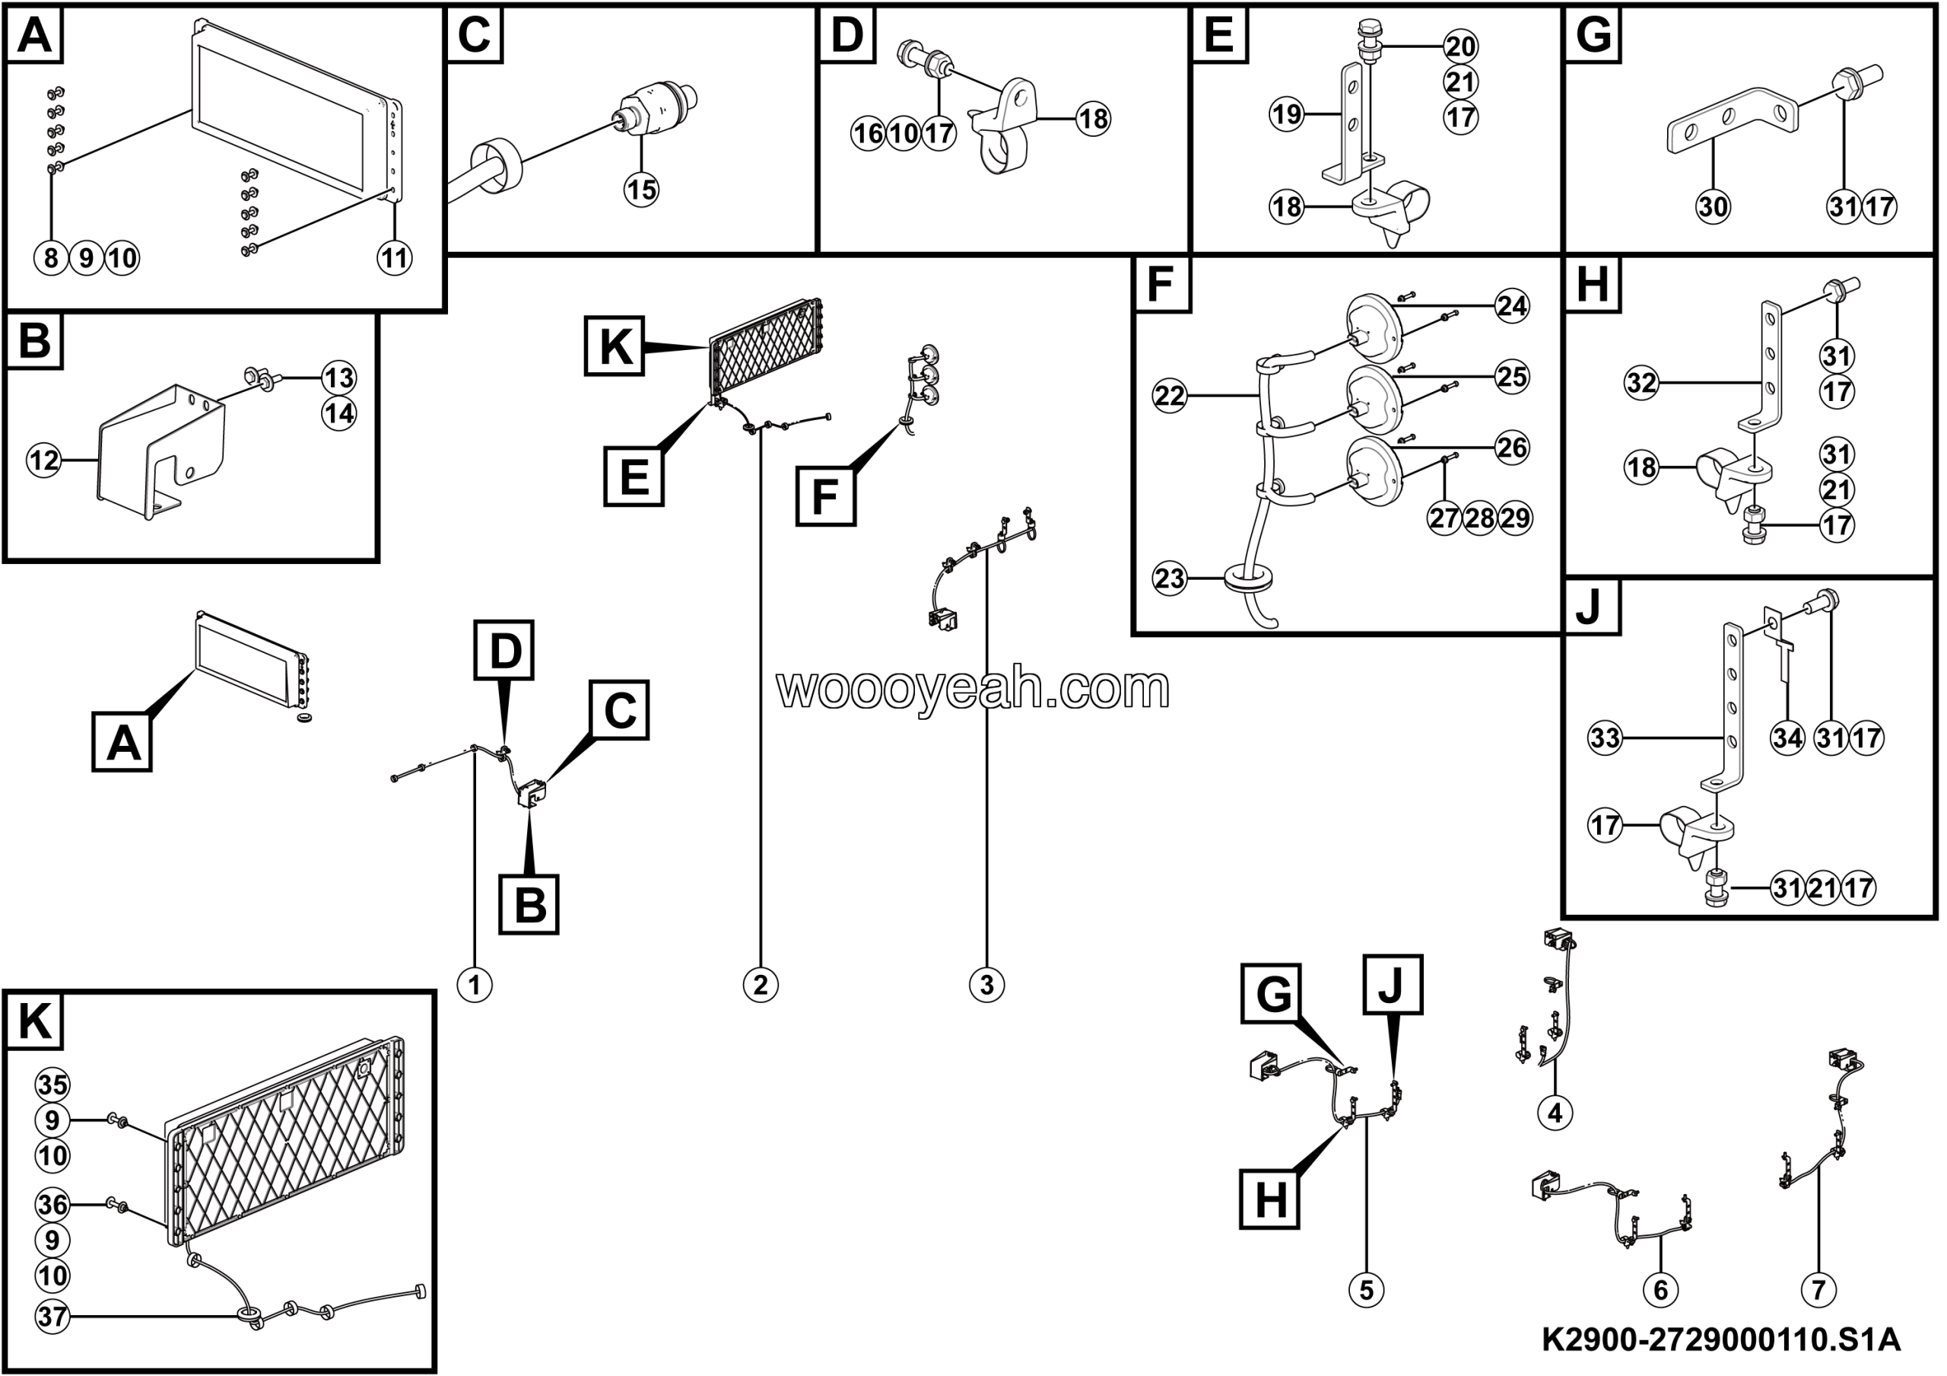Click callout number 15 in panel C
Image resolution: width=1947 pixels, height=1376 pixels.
pyautogui.click(x=641, y=190)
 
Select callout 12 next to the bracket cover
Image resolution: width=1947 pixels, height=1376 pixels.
pyautogui.click(x=44, y=460)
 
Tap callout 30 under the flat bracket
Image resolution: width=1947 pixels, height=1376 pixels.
pyautogui.click(x=1712, y=206)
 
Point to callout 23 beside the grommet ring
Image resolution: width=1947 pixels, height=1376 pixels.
pyautogui.click(x=1170, y=578)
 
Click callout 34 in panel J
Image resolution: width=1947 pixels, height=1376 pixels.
pyautogui.click(x=1787, y=737)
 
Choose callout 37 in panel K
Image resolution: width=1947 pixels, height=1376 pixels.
pyautogui.click(x=52, y=1316)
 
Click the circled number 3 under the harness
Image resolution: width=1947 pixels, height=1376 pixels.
pyautogui.click(x=986, y=985)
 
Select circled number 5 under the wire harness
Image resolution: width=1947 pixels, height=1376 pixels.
pyautogui.click(x=1366, y=1289)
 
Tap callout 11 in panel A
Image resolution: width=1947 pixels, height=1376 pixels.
pyautogui.click(x=394, y=257)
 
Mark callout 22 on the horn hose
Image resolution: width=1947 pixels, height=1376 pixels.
pyautogui.click(x=1170, y=395)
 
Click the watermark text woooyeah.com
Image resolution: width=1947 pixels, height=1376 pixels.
pyautogui.click(x=973, y=688)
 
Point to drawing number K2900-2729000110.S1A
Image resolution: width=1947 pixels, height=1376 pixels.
pyautogui.click(x=1720, y=1340)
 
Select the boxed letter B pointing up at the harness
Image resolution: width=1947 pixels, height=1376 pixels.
pyautogui.click(x=529, y=904)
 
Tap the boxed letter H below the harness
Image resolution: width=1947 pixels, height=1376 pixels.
pyautogui.click(x=1269, y=1199)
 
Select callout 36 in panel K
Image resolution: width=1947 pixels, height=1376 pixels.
pyautogui.click(x=52, y=1204)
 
